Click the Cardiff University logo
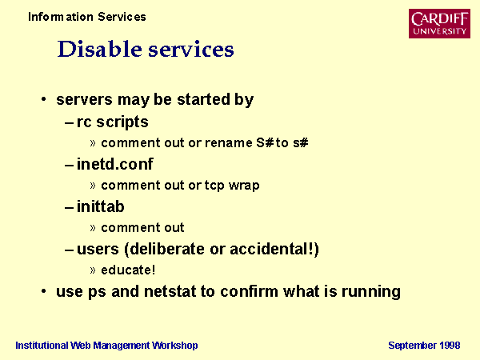439,23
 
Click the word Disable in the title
100,49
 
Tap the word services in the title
191,50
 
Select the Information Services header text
87,17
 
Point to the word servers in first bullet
85,100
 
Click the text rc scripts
112,122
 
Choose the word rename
229,143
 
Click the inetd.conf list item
114,164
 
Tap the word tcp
214,186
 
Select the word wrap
244,186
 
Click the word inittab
101,206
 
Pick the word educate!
128,270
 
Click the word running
371,292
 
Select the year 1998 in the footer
450,346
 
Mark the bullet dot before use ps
44,291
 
